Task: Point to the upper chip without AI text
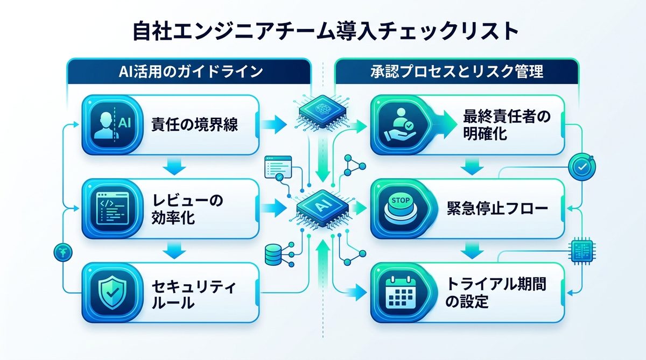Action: (321, 111)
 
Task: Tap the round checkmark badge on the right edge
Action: (582, 167)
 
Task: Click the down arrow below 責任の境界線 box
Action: (173, 167)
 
